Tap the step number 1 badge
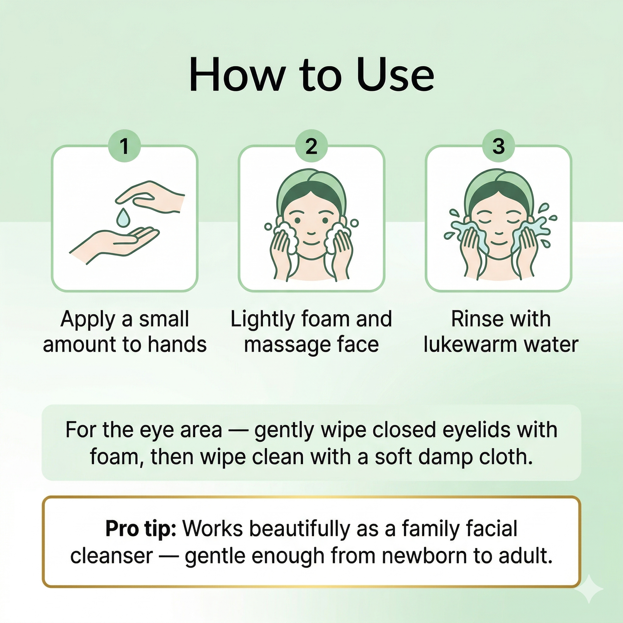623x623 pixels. [x=124, y=146]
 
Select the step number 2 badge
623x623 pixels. [x=311, y=146]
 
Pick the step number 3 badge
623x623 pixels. [x=498, y=146]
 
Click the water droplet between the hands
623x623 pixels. [x=123, y=217]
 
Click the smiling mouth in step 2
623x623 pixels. [x=311, y=243]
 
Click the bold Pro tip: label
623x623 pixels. [x=141, y=529]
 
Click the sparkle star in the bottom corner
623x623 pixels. [x=589, y=589]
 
